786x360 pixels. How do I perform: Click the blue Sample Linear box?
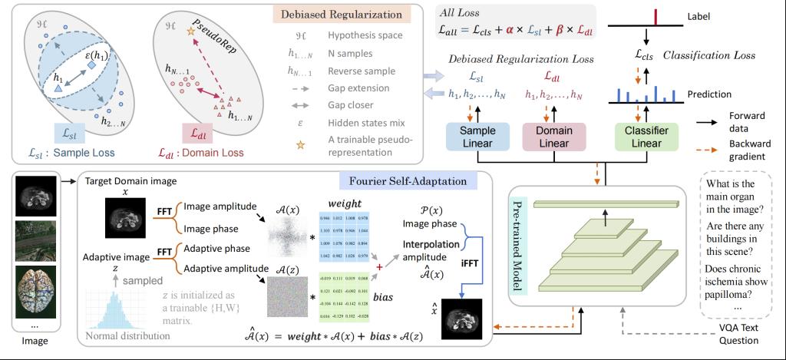point(477,137)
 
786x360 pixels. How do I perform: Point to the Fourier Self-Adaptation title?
point(404,181)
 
